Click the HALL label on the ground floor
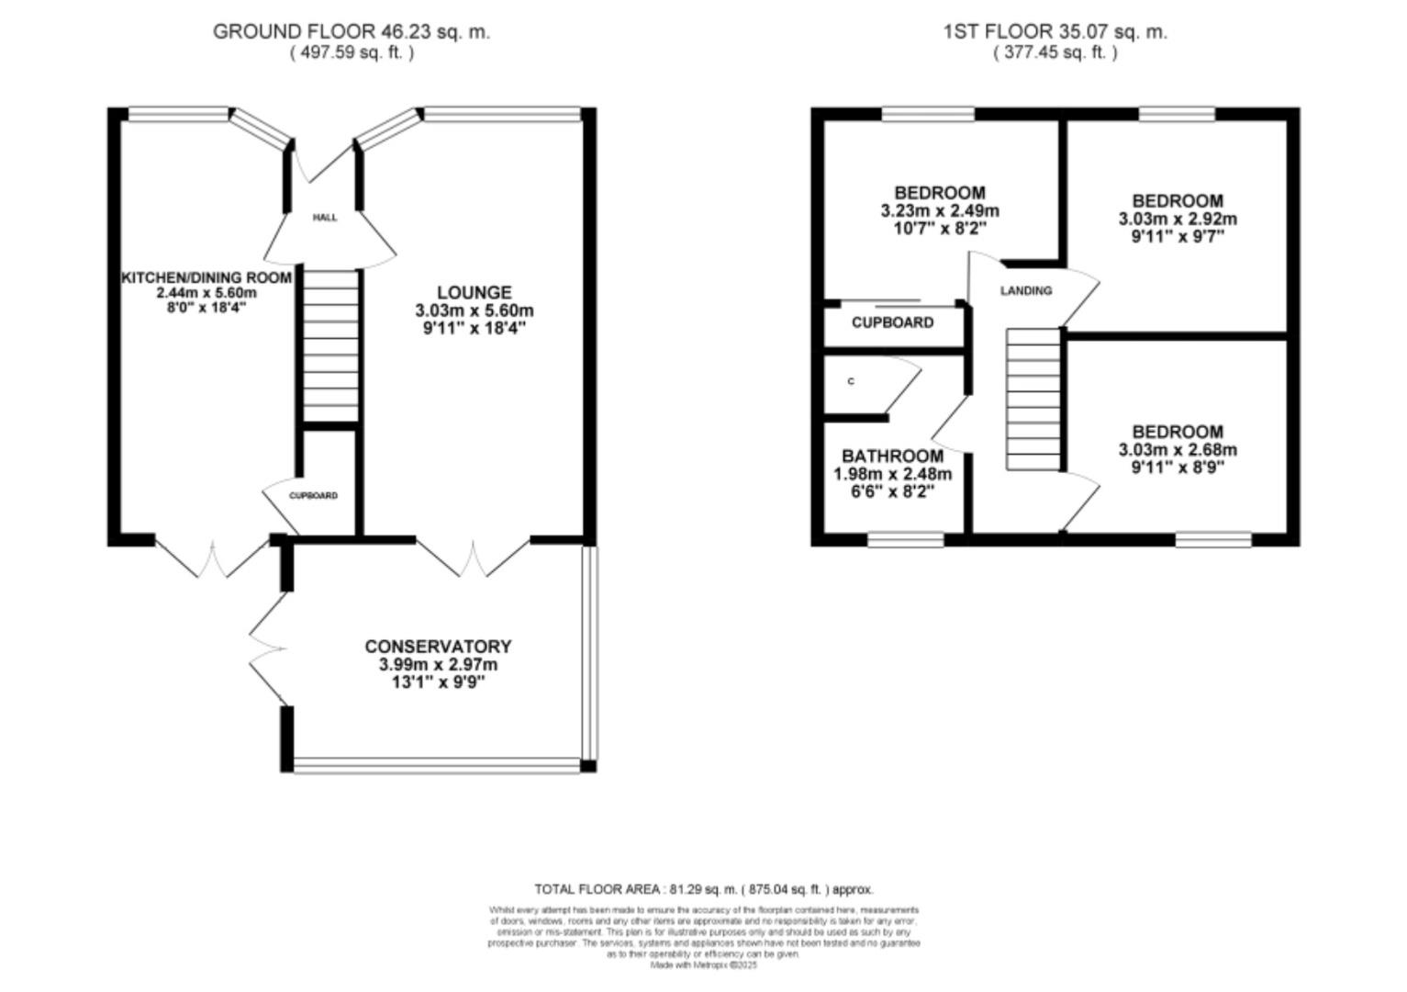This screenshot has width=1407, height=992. (325, 218)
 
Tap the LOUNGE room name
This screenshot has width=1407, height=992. (474, 293)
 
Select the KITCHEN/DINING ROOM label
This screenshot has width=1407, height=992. (207, 277)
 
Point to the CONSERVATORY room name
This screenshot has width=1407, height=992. (438, 647)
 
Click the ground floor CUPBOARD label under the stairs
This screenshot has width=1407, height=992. (314, 496)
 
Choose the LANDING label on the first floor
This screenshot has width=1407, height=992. (1025, 291)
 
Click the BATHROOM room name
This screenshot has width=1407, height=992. (892, 457)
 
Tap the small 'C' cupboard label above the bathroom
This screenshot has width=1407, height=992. (851, 381)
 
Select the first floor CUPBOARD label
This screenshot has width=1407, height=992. (892, 322)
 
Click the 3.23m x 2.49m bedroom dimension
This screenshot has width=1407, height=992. (940, 211)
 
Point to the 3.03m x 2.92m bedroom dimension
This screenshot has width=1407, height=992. (1177, 220)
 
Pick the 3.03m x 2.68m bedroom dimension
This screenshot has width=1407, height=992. (1177, 450)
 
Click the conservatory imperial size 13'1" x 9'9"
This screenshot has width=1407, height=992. (438, 682)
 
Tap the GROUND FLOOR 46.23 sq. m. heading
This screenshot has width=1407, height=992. (352, 31)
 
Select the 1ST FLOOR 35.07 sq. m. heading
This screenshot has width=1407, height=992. (1055, 31)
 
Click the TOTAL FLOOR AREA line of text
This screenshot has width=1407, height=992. (704, 889)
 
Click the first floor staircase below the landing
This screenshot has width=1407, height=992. (1033, 400)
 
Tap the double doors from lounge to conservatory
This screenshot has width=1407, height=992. (474, 558)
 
